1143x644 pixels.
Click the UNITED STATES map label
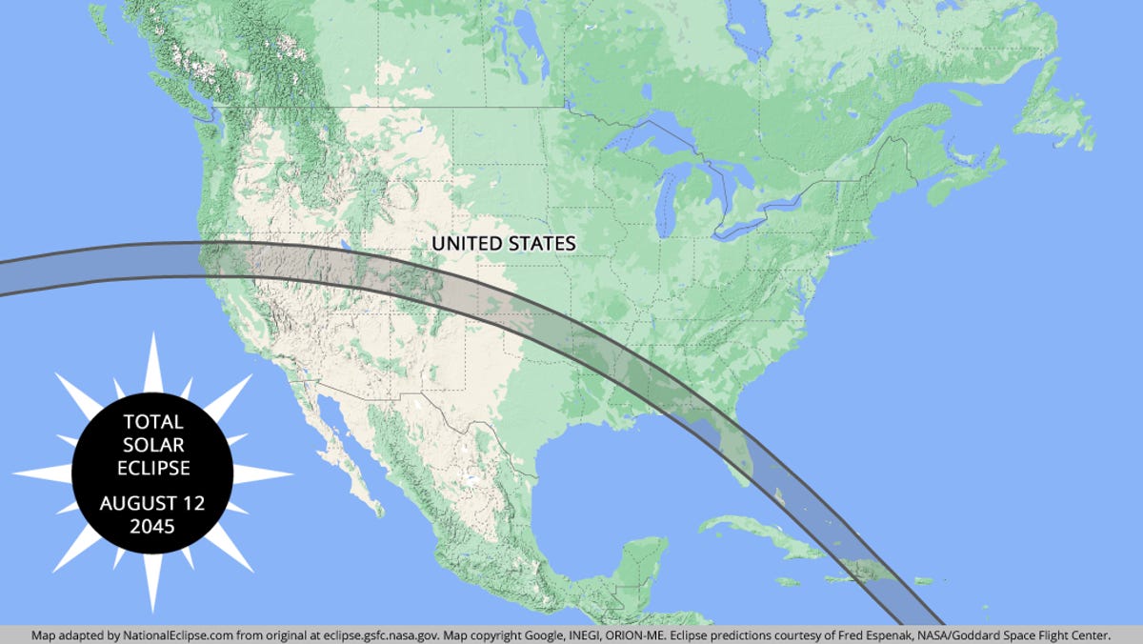(504, 244)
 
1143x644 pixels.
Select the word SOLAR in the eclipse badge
(152, 444)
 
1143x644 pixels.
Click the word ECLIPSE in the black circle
(152, 468)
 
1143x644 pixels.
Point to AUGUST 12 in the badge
(152, 503)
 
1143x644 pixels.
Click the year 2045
(152, 525)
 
